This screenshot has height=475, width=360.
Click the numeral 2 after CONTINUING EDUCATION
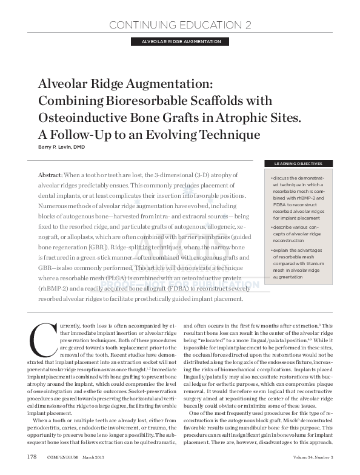pos(248,25)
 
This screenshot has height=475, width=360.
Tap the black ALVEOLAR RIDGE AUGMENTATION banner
pos(180,41)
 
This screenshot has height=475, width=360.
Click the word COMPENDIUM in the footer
pos(64,456)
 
